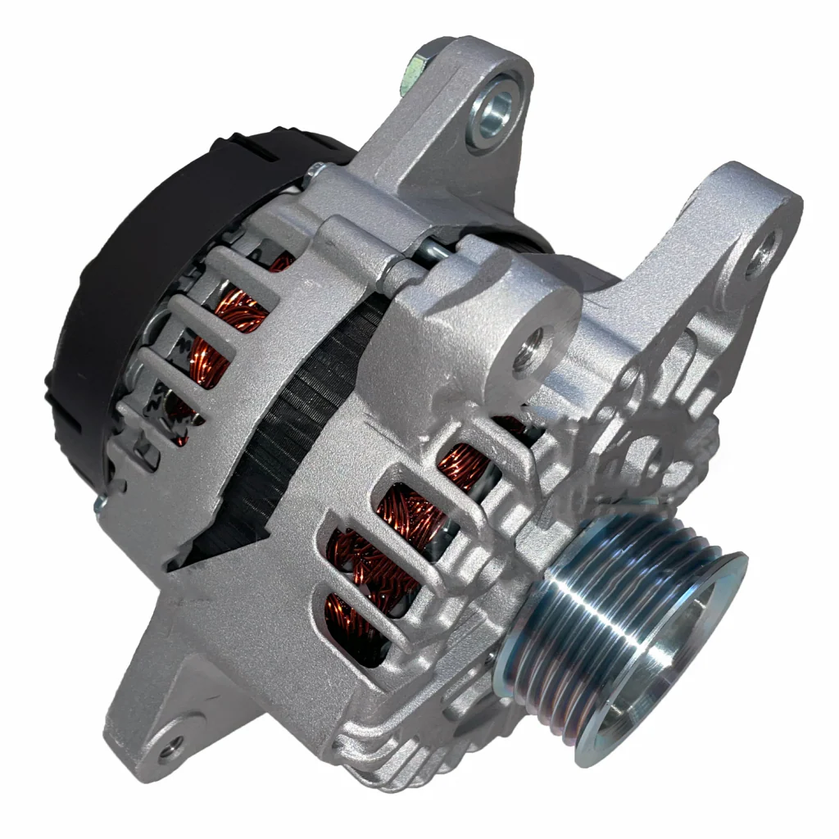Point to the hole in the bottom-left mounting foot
pos(170,746)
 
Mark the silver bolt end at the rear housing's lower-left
pos(100,505)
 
